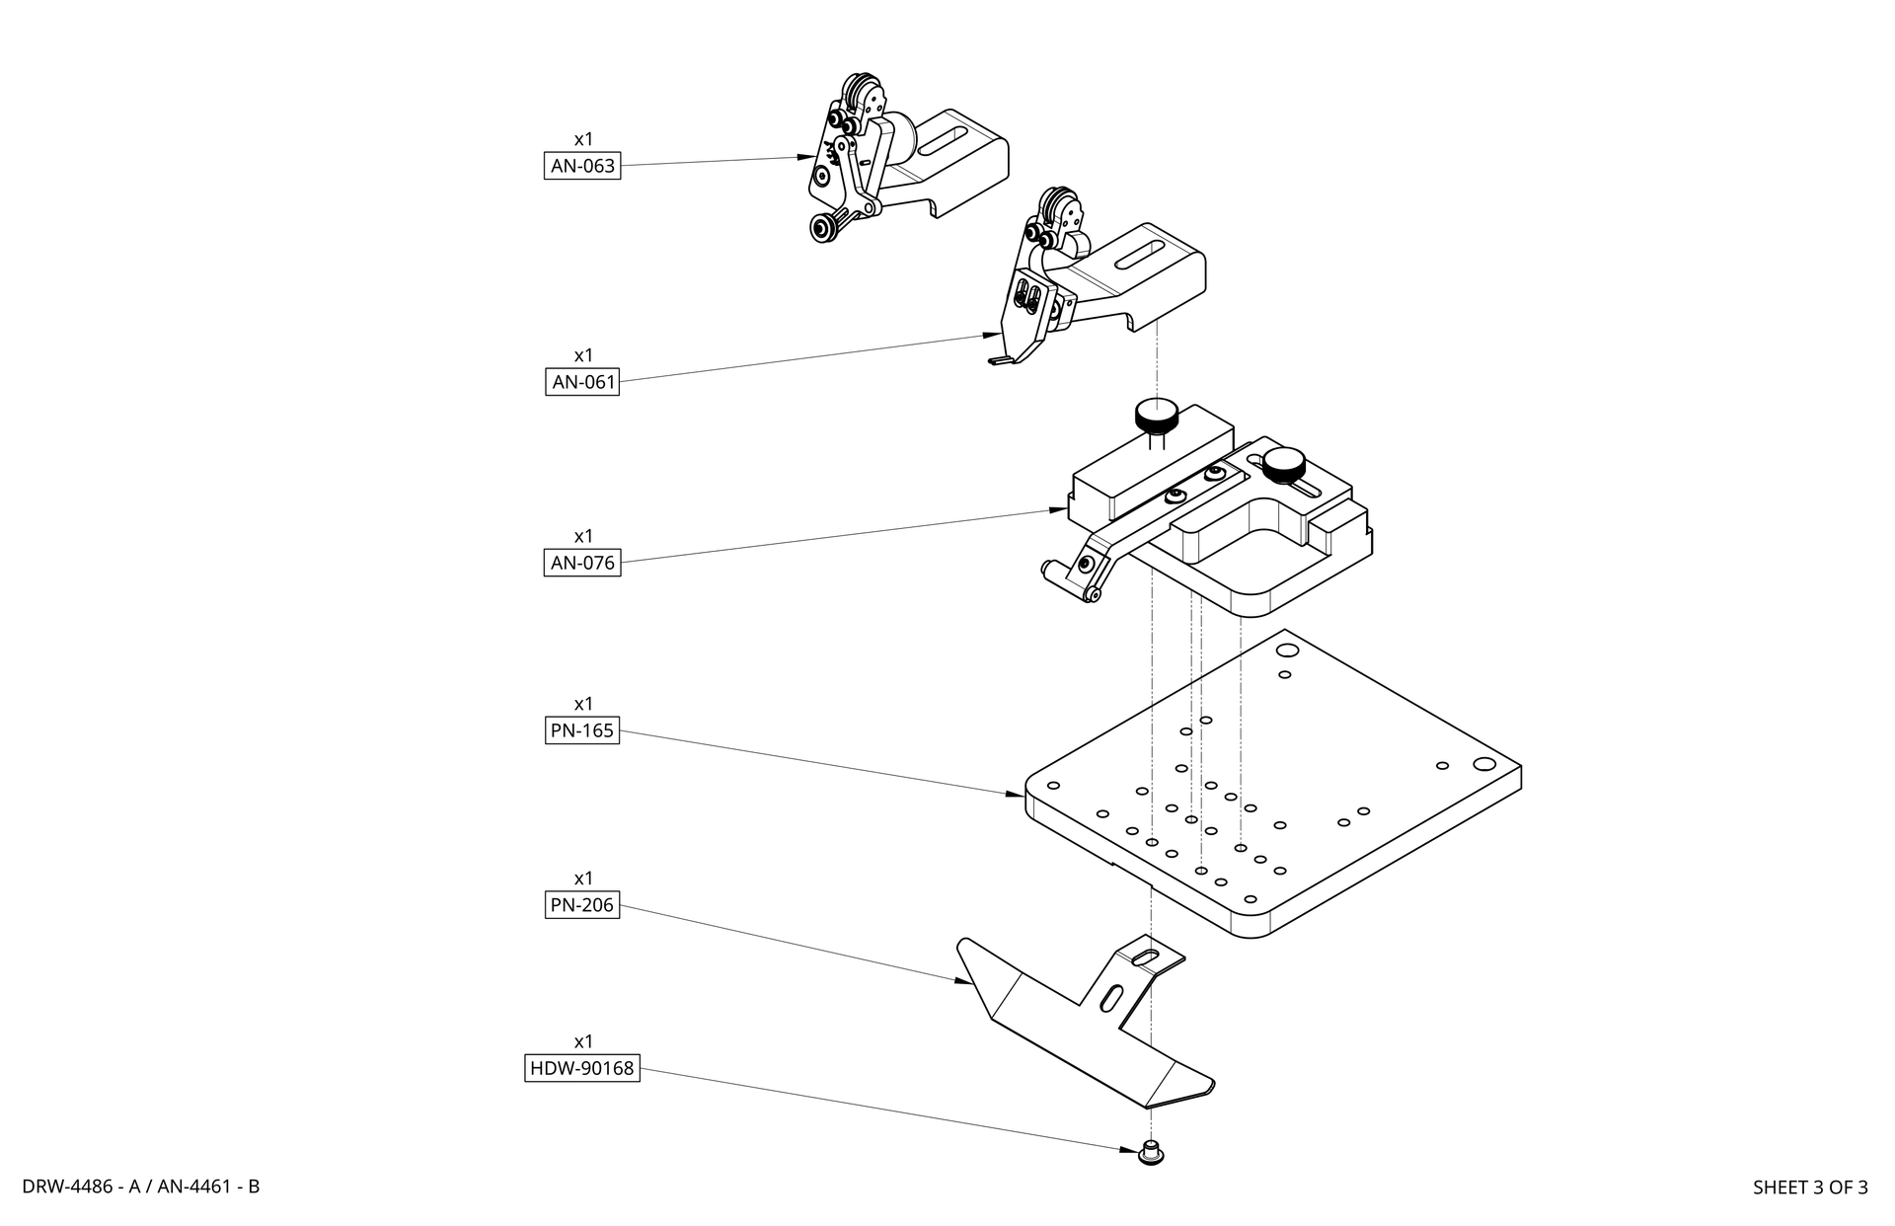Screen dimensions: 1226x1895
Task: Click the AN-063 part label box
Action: coord(582,166)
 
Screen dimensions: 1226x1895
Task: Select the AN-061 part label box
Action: coord(582,382)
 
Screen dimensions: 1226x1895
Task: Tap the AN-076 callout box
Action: coord(582,563)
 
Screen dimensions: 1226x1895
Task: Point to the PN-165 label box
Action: coord(582,730)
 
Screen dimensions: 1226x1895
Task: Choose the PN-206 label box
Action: coord(582,904)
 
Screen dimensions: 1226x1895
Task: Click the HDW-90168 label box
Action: coord(582,1068)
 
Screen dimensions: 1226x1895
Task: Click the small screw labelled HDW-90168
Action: coord(1149,1152)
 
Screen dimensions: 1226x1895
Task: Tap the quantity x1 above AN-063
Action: coord(583,139)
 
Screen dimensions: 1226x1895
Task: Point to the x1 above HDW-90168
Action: coord(583,1041)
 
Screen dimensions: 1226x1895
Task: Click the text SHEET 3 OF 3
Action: coord(1810,1188)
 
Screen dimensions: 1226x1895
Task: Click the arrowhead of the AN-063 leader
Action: coord(806,157)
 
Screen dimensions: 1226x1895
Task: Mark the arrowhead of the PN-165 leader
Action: coord(1017,793)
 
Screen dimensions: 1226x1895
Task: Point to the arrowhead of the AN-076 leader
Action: coord(1056,510)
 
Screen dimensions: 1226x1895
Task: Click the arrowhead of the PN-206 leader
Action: coord(961,981)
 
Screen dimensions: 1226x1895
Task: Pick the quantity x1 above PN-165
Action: coord(583,704)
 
